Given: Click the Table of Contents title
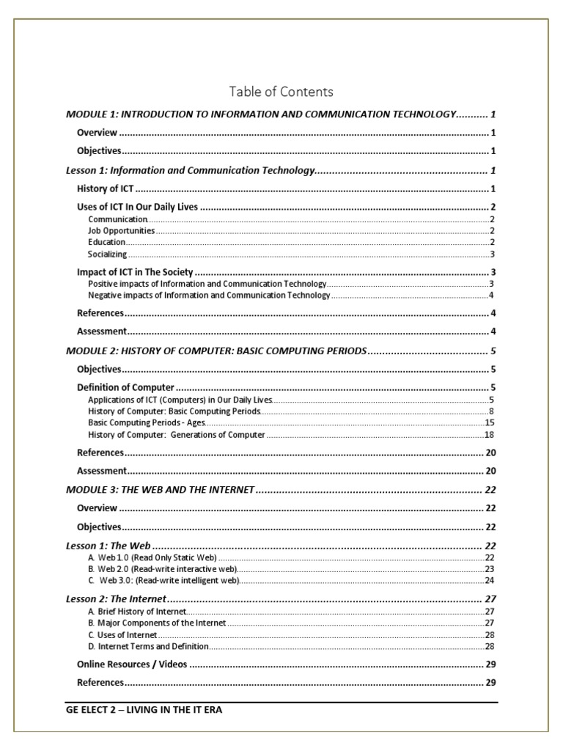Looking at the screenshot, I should [281, 92].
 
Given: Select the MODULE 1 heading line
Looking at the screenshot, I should [261, 114].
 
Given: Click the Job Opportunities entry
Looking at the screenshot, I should [121, 230].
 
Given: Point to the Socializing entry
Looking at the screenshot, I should [107, 254].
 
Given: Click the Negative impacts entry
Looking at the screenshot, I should [209, 296].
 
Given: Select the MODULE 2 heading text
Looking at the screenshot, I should [216, 351].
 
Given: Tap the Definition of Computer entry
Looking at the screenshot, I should [125, 387].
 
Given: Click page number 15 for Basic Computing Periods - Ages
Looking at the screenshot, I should [489, 423].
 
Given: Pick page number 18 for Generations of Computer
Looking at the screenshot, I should [489, 435].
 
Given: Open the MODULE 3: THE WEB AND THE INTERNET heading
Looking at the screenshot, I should [160, 489].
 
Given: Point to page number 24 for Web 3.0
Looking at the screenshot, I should [489, 581].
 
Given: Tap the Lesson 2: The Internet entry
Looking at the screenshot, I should [116, 599].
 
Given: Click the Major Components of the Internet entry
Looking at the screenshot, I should [157, 623].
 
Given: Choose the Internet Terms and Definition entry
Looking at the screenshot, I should [148, 646].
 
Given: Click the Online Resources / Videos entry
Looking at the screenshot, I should [132, 664].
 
